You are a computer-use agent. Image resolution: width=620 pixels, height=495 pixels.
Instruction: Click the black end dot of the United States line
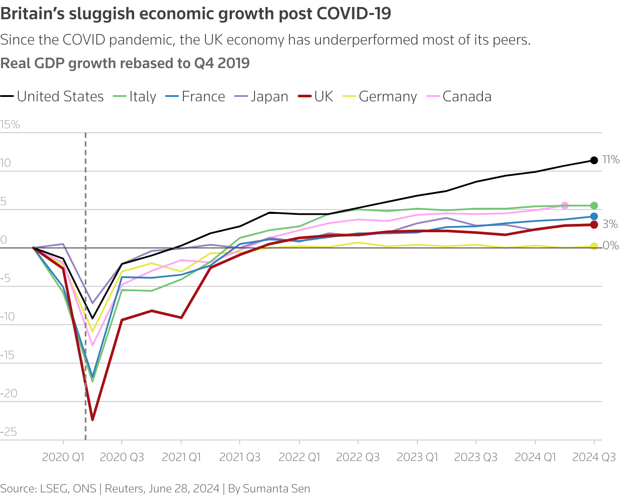coord(594,160)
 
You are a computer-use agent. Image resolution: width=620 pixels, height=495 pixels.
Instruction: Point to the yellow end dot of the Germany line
coord(594,247)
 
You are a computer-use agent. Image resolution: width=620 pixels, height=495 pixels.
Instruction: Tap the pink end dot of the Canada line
coord(565,206)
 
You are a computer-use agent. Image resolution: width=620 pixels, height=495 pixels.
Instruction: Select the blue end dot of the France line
coord(594,217)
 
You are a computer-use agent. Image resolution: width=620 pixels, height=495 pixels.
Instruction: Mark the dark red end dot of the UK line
coord(594,225)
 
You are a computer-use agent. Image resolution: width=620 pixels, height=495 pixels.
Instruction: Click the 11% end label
coord(610,160)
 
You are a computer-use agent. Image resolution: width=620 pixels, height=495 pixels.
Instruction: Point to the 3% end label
coord(610,224)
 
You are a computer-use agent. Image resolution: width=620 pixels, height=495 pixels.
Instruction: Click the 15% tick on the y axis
coord(10,125)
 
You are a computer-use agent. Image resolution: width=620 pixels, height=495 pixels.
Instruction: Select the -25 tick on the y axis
coord(9,432)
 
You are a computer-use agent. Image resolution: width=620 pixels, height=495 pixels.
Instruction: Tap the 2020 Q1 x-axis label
coord(63,457)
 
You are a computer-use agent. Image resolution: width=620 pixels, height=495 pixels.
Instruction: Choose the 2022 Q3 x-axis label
coord(358,457)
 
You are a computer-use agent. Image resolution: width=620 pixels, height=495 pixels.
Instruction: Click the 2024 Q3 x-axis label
coord(594,457)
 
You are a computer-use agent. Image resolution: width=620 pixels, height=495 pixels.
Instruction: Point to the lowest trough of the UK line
coord(93,419)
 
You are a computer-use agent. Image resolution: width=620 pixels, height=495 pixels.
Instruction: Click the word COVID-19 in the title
coord(353,14)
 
